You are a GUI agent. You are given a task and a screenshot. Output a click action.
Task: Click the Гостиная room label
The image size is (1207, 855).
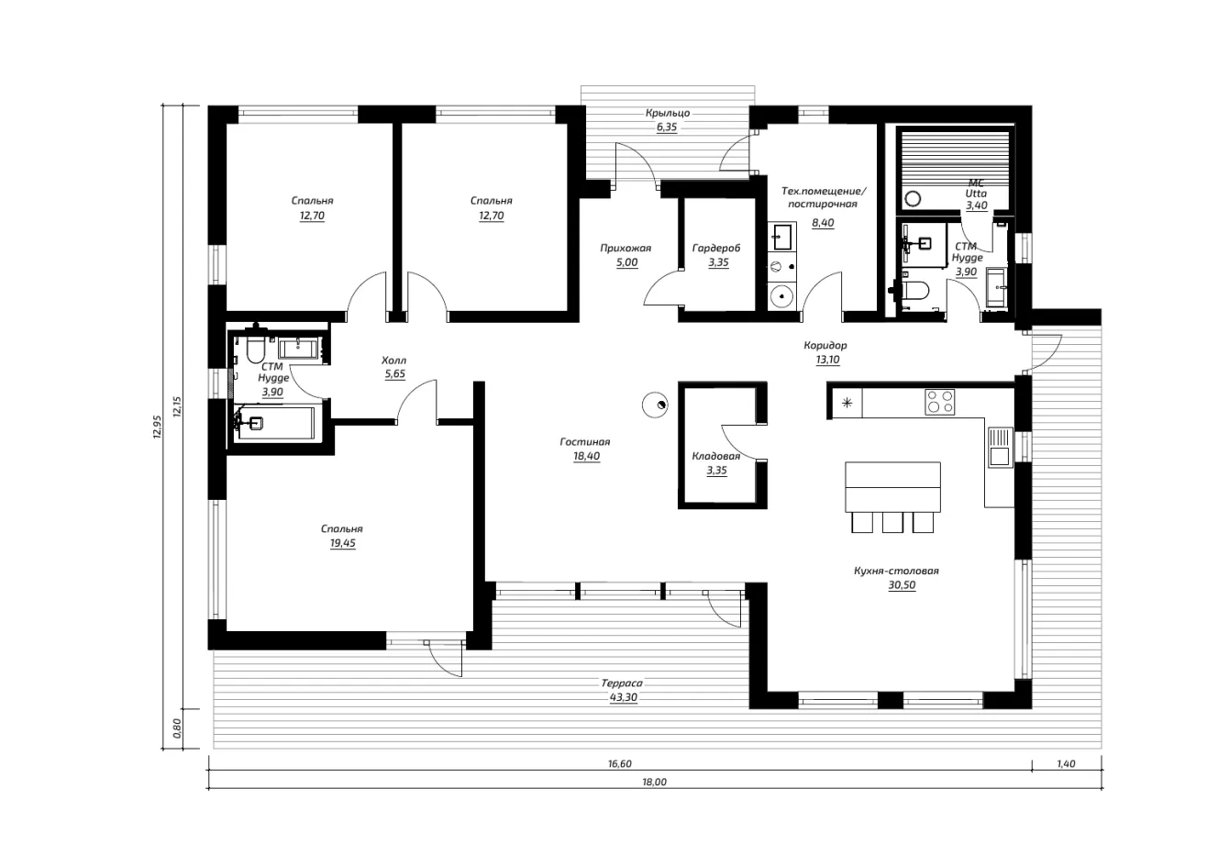[584, 442]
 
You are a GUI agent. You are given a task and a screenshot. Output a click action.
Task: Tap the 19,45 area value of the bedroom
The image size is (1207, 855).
[343, 543]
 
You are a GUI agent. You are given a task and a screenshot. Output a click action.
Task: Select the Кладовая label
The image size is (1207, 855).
[716, 456]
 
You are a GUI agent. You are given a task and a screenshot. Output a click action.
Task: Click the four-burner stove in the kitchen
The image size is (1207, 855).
[940, 402]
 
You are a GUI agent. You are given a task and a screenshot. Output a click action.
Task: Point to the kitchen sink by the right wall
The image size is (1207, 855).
[1000, 447]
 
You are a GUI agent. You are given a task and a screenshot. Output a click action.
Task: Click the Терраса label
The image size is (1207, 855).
[622, 683]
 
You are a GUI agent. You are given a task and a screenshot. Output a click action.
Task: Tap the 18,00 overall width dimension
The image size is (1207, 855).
[654, 783]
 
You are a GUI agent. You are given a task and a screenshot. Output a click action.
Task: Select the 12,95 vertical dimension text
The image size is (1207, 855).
[158, 427]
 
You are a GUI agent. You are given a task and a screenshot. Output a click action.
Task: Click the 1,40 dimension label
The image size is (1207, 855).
[1066, 764]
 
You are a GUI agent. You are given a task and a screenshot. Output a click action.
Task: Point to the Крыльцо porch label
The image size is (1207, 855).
[668, 113]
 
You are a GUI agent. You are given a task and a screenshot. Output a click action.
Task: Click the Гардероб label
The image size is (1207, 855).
[716, 248]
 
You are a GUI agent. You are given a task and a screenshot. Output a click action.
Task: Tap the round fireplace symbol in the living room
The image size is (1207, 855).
[655, 405]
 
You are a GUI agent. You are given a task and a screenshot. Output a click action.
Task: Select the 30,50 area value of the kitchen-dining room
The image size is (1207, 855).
[902, 585]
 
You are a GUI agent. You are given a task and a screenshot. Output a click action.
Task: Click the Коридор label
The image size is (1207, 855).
[825, 345]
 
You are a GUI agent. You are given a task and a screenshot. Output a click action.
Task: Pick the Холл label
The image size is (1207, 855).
[393, 361]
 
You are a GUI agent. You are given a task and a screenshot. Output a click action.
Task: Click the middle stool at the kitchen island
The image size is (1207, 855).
[892, 522]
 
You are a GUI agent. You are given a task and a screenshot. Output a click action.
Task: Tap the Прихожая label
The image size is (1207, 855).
[626, 248]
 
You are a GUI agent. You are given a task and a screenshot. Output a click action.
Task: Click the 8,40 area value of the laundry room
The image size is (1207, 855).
[823, 223]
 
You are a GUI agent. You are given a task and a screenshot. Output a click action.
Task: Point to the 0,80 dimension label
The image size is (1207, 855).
[177, 728]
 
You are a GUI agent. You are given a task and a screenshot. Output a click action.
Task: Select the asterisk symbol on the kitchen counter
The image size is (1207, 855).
[847, 403]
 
